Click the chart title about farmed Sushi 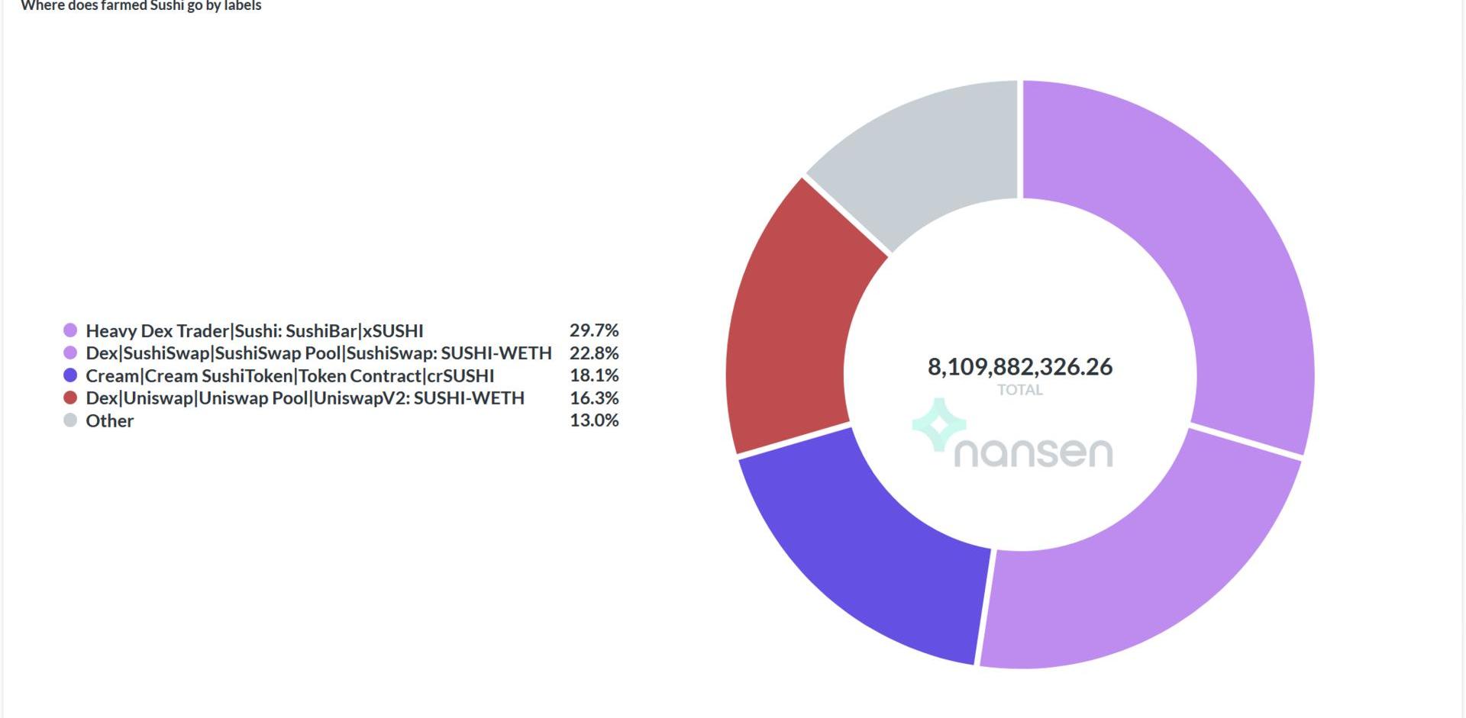coord(141,6)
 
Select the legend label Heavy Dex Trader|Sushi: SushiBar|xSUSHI coord(254,330)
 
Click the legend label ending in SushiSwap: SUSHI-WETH coord(318,353)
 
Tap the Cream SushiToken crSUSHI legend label coord(289,375)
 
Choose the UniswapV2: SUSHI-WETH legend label coord(305,398)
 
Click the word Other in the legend coord(109,420)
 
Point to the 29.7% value coord(594,330)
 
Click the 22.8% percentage coord(594,353)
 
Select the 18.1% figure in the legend coord(594,375)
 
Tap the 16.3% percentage coord(594,398)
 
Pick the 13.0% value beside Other coord(594,420)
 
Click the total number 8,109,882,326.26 coord(1019,367)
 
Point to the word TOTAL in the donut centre coord(1019,390)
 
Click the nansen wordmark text coord(1033,452)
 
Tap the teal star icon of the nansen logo coord(939,424)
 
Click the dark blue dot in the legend coord(70,375)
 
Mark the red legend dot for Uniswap coord(70,398)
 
